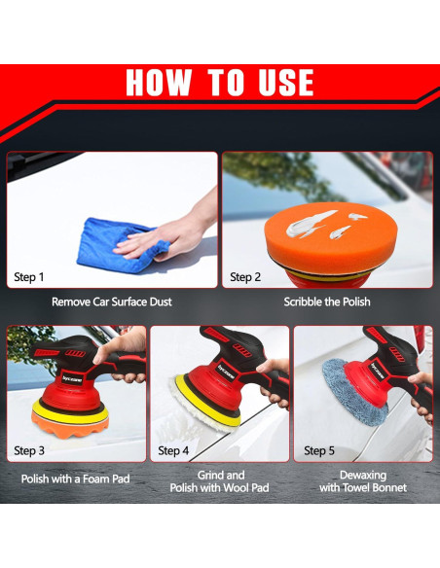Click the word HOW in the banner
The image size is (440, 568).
[159, 82]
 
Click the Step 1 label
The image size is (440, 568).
[28, 277]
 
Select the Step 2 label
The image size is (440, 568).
[245, 277]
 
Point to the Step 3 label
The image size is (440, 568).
[29, 450]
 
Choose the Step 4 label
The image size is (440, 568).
[173, 450]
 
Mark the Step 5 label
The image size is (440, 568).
[319, 450]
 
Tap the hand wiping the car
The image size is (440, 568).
[170, 231]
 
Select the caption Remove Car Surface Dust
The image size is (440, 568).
[112, 302]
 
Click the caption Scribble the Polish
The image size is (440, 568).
[327, 302]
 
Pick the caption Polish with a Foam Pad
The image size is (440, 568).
[75, 479]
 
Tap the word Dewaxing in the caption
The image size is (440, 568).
[363, 475]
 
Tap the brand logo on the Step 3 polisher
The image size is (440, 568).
[72, 379]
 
